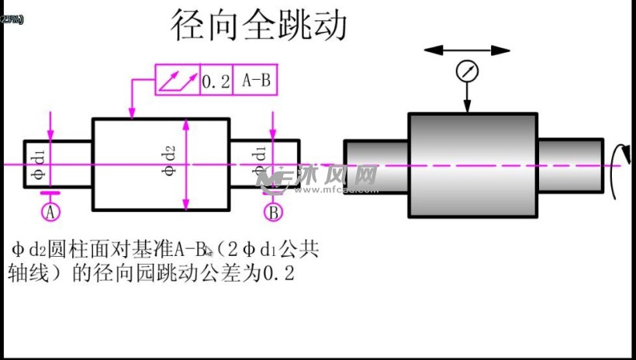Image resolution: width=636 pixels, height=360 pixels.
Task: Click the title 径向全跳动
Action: (259, 26)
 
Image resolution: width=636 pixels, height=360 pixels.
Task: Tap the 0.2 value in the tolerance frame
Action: (216, 81)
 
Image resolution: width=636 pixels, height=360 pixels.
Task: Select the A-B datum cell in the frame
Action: (255, 81)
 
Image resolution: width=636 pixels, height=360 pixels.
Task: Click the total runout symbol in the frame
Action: (178, 81)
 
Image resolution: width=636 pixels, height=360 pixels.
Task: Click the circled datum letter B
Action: (273, 211)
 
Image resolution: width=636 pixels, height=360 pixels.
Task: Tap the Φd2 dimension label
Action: (169, 163)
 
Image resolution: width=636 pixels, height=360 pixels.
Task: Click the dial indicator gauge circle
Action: (467, 71)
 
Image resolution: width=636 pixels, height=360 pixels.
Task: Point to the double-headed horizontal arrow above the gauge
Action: (467, 50)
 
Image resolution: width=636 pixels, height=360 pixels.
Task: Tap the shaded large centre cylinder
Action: (472, 165)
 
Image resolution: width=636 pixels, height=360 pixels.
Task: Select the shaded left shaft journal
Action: (376, 165)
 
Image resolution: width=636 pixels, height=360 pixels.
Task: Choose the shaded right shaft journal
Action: (570, 165)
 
